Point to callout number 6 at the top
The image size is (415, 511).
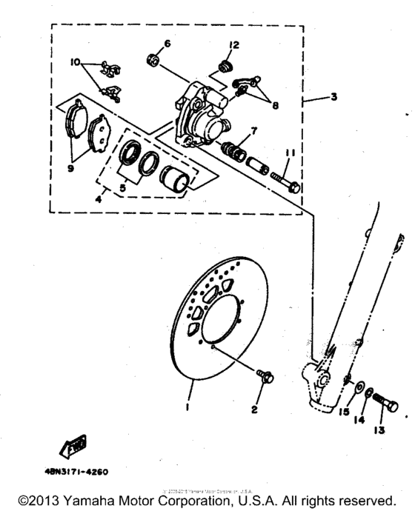[x=167, y=44]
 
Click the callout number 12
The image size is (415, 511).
[x=233, y=46]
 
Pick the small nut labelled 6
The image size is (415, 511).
[x=154, y=59]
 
